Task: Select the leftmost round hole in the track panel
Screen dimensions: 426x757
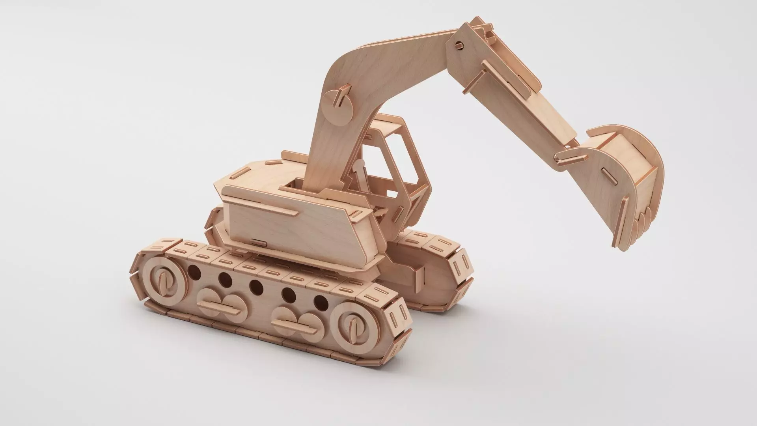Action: [194, 271]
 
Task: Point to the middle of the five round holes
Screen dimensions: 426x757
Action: [256, 285]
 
